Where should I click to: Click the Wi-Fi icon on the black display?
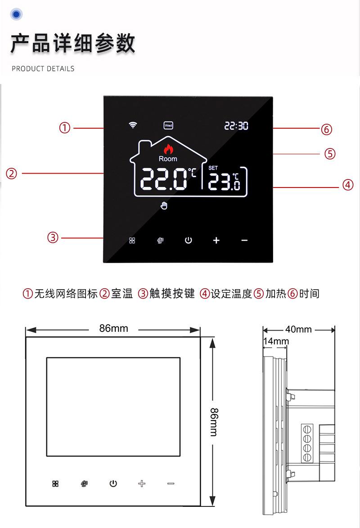point(133,125)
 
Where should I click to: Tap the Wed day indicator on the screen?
point(168,125)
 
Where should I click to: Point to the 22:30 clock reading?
point(236,126)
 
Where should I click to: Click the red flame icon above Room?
point(168,149)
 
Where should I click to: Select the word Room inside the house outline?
point(168,159)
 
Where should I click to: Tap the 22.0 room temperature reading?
point(164,180)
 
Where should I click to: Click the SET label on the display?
point(213,168)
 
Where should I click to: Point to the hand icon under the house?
point(164,206)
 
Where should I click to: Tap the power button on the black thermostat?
point(189,240)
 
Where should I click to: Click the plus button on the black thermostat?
point(216,240)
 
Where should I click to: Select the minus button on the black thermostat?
point(244,240)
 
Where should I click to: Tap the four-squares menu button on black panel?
point(132,240)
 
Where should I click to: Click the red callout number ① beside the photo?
point(65,128)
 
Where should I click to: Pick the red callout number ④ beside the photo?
point(348,185)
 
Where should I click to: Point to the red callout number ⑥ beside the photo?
point(326,130)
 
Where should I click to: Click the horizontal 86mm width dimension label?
point(113,328)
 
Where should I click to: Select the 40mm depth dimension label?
point(298,329)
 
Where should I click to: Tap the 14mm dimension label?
point(276,341)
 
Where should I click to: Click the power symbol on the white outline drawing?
point(113,484)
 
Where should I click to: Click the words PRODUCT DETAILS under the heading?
point(43,69)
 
